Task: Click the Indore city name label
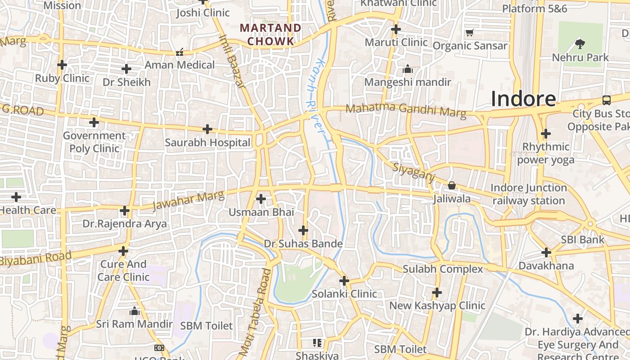tap(523, 99)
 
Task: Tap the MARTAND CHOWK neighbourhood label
tap(270, 35)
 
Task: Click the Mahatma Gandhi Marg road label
tap(405, 110)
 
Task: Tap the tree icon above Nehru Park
tap(580, 44)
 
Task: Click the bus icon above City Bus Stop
tap(607, 100)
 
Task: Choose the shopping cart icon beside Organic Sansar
tap(470, 32)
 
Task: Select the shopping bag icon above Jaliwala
tap(452, 185)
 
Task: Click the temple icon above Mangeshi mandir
tap(408, 69)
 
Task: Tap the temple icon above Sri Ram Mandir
tap(134, 311)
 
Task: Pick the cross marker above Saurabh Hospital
tap(207, 129)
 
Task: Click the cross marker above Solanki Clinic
tap(344, 281)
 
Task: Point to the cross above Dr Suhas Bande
tap(303, 231)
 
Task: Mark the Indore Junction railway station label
tap(528, 194)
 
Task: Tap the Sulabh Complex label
tap(443, 269)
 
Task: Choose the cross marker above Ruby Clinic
tap(62, 65)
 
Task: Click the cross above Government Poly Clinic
tap(94, 122)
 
